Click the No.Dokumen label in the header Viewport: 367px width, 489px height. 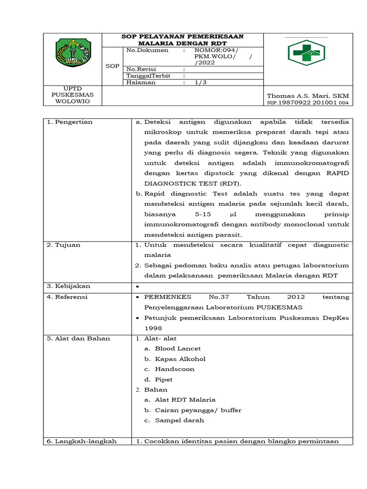click(x=147, y=50)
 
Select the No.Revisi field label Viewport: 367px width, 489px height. click(x=142, y=69)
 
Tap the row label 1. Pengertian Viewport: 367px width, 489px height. click(x=70, y=122)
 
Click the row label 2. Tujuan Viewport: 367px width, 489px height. click(x=64, y=245)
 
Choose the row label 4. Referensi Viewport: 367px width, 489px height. click(x=67, y=297)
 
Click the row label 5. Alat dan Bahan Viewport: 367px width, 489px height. click(x=78, y=338)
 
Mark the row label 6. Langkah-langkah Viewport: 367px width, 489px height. click(x=82, y=441)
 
